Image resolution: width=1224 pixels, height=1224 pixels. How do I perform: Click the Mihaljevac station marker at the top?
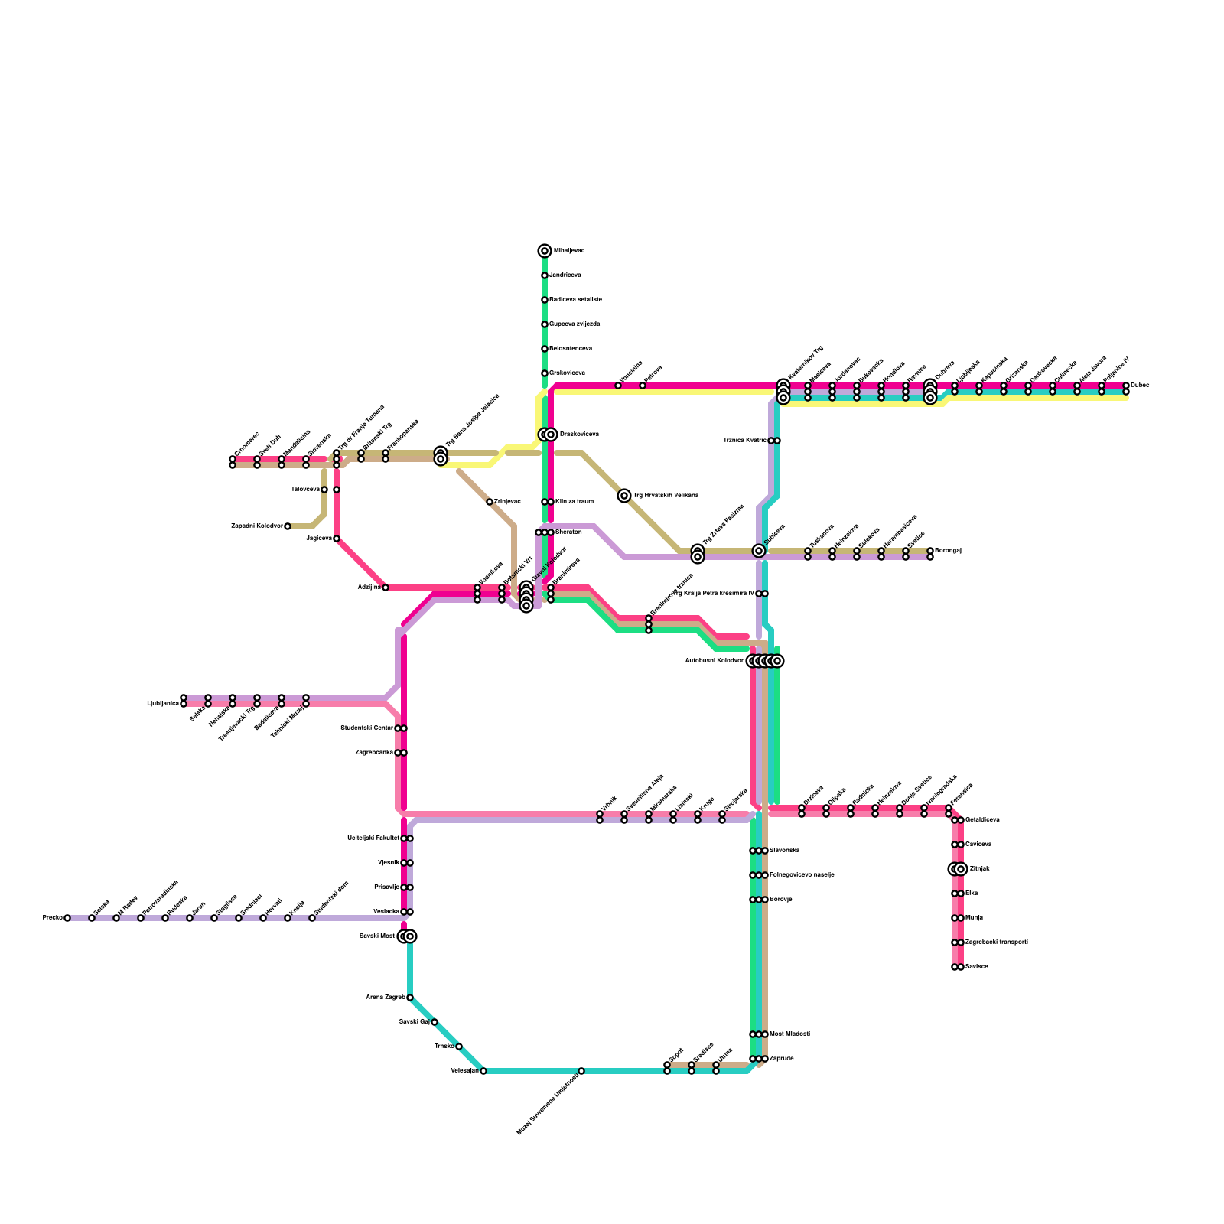[545, 251]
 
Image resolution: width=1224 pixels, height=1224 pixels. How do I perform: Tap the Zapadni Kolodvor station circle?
[288, 526]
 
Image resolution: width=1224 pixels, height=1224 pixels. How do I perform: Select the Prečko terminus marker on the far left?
[67, 918]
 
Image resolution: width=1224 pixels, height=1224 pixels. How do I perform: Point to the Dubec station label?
[1140, 386]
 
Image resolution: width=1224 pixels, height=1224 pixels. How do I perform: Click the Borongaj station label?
[948, 551]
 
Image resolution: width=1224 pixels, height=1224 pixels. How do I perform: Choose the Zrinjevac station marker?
[490, 502]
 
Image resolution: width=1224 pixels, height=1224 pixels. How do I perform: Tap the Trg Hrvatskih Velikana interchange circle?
[624, 496]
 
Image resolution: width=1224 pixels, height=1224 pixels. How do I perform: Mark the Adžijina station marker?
[386, 588]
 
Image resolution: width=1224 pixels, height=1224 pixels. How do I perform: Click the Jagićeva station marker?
[337, 539]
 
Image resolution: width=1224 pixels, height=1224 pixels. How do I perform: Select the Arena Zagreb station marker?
[410, 998]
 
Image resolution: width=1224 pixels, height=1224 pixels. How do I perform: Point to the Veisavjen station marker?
[483, 1071]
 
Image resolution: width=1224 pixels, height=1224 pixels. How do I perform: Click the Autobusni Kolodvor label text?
[714, 661]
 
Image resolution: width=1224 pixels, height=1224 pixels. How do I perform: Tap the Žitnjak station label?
[979, 869]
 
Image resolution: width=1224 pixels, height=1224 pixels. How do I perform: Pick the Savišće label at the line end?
[977, 967]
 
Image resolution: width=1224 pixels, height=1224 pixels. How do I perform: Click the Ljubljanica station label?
[162, 704]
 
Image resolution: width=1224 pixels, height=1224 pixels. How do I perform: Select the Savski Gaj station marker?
[435, 1022]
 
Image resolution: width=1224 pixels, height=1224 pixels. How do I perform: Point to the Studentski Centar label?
[366, 728]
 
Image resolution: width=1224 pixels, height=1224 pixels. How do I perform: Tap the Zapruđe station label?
[781, 1059]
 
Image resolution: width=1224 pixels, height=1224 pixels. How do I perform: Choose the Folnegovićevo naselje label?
[802, 875]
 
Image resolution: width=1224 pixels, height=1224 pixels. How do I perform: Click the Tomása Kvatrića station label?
[744, 441]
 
